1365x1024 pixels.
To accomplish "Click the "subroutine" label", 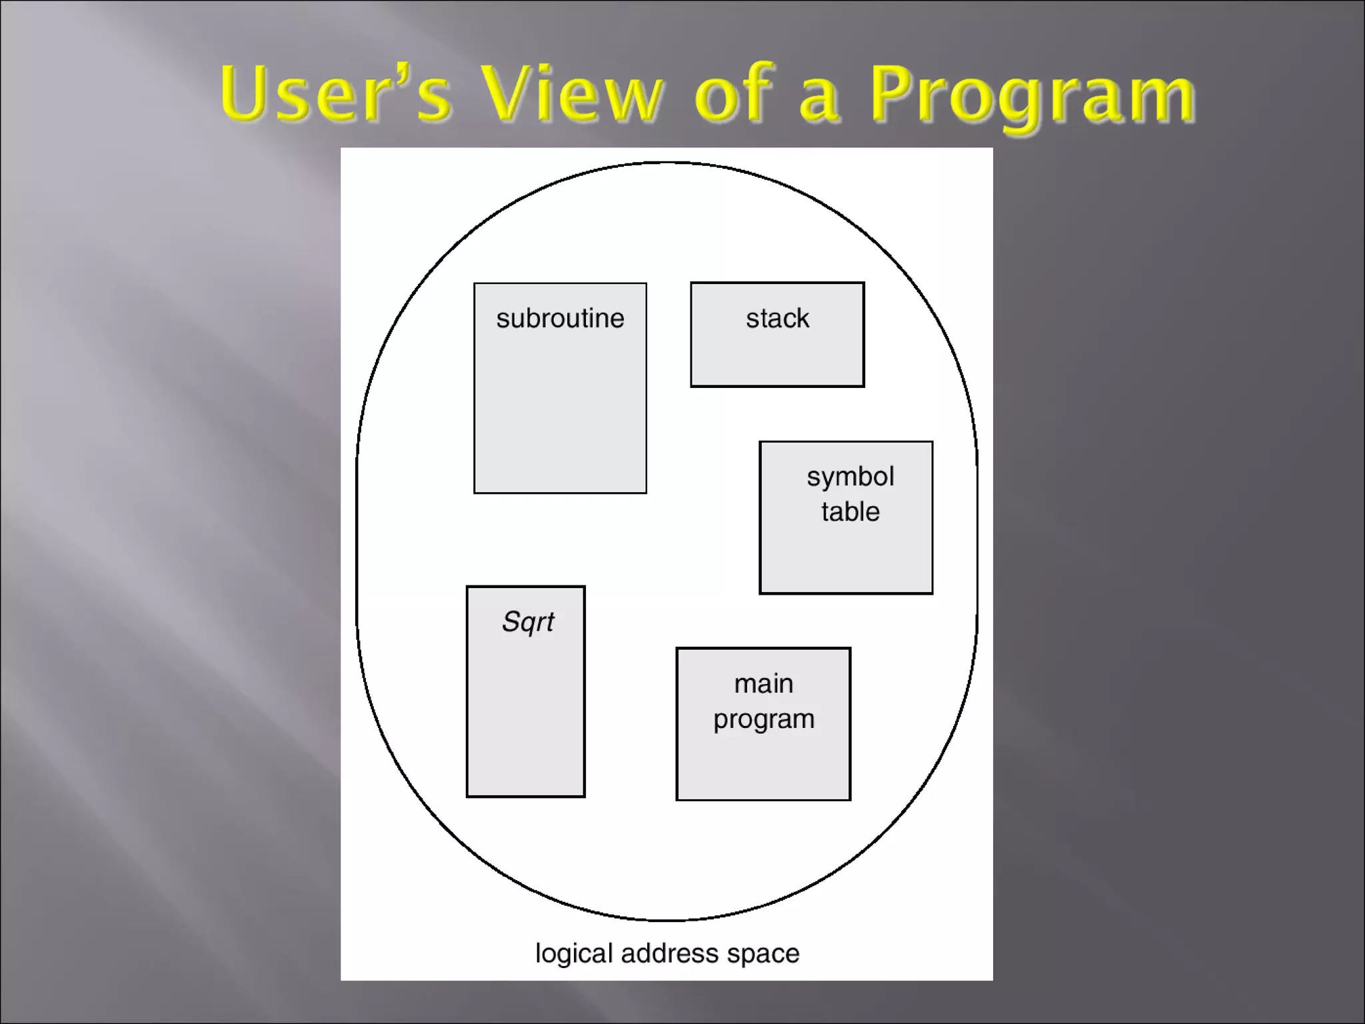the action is [x=560, y=319].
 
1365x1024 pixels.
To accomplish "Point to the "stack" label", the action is [x=777, y=319].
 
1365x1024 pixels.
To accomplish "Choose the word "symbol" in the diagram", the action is [x=850, y=477].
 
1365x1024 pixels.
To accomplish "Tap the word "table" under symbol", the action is [x=850, y=512].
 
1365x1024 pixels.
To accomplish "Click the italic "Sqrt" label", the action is [x=527, y=622].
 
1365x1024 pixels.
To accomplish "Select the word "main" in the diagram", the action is [x=764, y=684].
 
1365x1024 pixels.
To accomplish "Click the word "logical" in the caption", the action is [x=573, y=953].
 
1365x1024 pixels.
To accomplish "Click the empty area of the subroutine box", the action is [x=560, y=420].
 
